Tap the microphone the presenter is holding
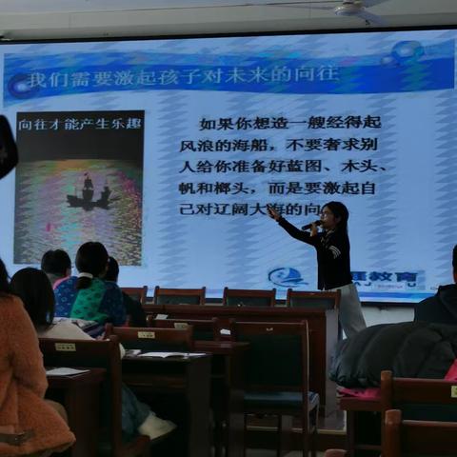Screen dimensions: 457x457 [x=311, y=226]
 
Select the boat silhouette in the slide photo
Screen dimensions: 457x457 [x=88, y=195]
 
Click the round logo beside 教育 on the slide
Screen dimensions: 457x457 [x=288, y=277]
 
